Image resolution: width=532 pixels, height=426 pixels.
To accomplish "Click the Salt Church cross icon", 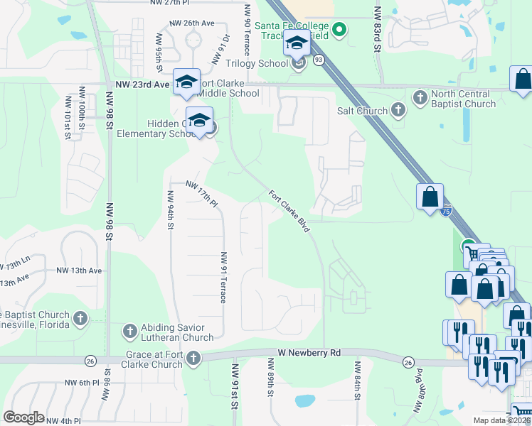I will click(398, 110).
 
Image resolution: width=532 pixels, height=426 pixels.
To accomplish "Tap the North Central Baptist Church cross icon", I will click(420, 96).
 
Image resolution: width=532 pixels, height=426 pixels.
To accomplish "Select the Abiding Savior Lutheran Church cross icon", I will click(129, 330).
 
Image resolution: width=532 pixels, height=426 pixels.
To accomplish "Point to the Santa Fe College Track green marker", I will click(339, 29).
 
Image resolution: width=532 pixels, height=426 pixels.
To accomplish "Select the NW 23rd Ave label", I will click(142, 84).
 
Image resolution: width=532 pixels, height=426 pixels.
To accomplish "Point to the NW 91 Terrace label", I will click(223, 278).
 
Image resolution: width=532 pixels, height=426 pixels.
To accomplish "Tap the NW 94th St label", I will click(171, 211).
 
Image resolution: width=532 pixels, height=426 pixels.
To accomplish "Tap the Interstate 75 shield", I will click(445, 211).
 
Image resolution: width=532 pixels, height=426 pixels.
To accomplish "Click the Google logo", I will click(23, 417).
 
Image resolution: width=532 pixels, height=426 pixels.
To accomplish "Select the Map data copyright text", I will click(501, 420).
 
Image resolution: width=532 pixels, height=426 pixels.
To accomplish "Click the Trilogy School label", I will click(262, 63).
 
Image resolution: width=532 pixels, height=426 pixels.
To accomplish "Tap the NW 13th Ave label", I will click(79, 271).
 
